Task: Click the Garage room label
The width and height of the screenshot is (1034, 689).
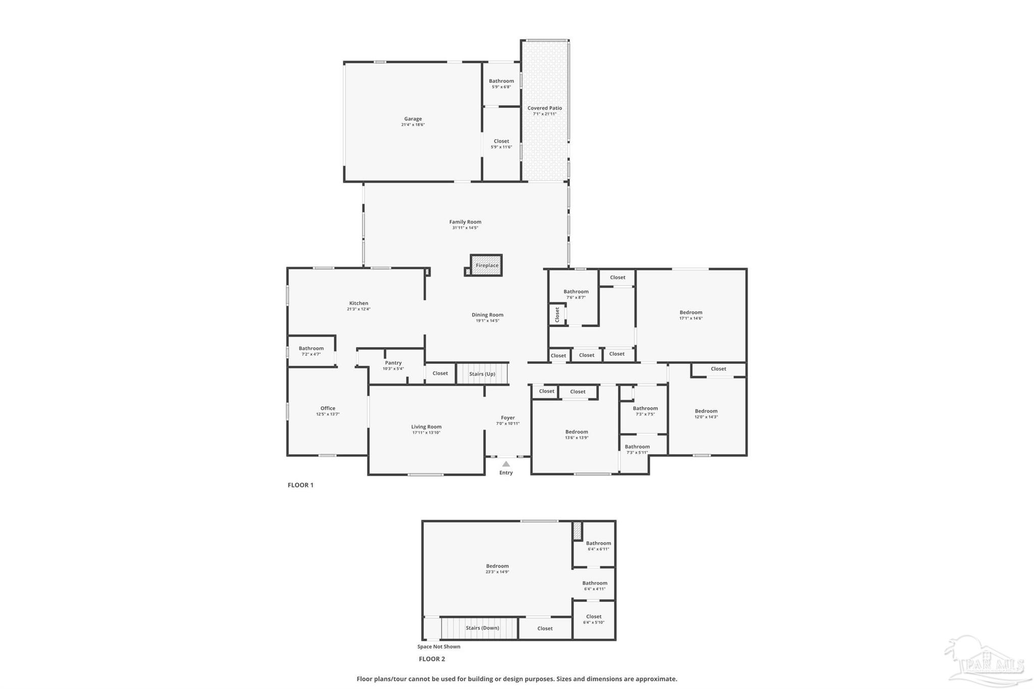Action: [413, 119]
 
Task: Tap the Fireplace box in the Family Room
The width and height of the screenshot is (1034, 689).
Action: [486, 266]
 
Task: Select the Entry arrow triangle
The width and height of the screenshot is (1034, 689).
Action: [506, 464]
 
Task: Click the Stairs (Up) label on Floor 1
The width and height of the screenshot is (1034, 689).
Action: [482, 374]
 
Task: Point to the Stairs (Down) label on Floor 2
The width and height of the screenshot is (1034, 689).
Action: [482, 628]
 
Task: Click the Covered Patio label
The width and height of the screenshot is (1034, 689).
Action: [544, 108]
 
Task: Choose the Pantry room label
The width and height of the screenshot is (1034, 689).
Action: [393, 363]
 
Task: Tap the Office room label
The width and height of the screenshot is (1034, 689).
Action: [328, 408]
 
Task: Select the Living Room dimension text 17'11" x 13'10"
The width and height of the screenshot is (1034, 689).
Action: [426, 433]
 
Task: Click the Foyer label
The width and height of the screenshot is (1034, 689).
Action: [508, 418]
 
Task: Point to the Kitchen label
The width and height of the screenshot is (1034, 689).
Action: [358, 303]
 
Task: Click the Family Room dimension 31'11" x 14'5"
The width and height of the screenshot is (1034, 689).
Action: [465, 228]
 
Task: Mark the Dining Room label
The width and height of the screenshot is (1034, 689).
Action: [487, 315]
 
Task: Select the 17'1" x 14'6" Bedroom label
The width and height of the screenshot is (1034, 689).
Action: [691, 312]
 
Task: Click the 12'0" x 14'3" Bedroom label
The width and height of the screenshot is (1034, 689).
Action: [706, 411]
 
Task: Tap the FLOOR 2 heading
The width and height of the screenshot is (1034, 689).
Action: [432, 659]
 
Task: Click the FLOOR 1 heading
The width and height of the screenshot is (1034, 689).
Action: [300, 485]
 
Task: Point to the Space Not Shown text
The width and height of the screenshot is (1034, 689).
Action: [439, 647]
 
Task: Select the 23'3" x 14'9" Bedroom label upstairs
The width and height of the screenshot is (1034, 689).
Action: [497, 566]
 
